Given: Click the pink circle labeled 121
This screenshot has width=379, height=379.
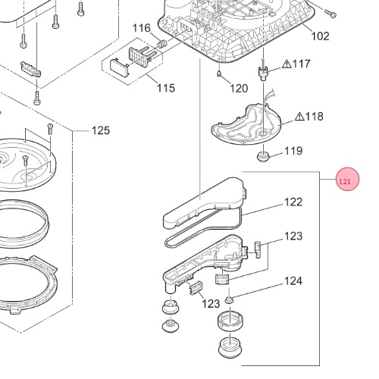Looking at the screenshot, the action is click(x=347, y=179).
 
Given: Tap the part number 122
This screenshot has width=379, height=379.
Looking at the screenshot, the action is click(x=293, y=202).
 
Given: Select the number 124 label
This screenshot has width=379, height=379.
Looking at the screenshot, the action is click(x=293, y=281).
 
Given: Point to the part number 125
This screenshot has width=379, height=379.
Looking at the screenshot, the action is click(x=101, y=130).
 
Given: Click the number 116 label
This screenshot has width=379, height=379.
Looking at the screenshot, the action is click(x=142, y=28).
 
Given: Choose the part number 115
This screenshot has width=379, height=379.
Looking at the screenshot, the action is click(x=166, y=88).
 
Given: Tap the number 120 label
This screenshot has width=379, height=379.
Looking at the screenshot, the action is click(x=239, y=89).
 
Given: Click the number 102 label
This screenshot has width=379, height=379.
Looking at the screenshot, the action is click(x=320, y=36).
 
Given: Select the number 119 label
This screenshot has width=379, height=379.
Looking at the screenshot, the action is click(x=293, y=151).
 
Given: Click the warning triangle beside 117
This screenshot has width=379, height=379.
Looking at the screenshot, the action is click(x=287, y=64).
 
